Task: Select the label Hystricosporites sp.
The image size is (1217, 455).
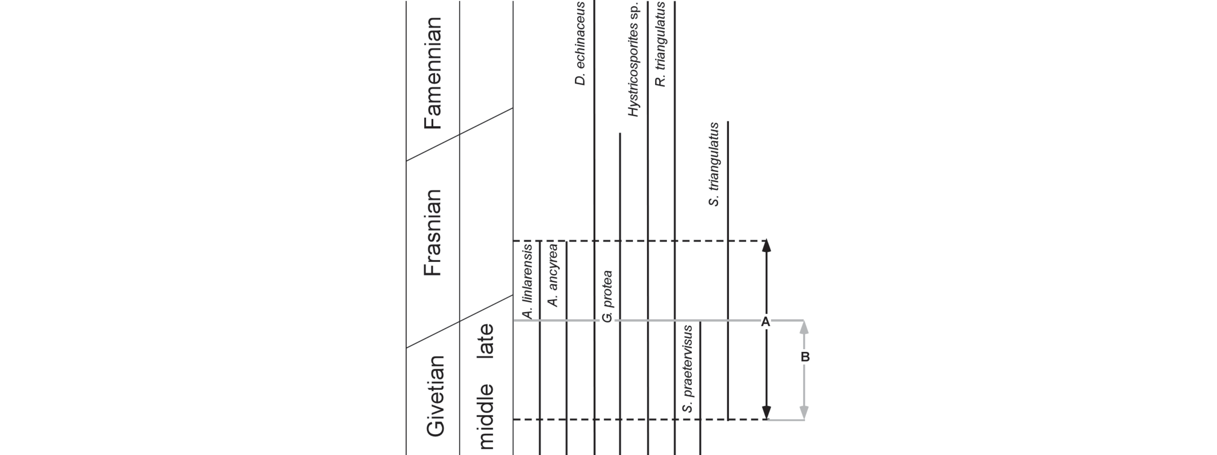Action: point(633,59)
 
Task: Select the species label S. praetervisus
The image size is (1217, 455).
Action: point(688,369)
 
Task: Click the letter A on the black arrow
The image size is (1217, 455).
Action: point(766,322)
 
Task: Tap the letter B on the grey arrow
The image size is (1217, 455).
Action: point(805,357)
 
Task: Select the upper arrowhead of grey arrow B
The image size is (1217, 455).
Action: point(804,328)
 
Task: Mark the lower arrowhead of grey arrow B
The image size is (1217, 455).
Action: point(804,413)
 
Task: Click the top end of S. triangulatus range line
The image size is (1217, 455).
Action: point(728,122)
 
